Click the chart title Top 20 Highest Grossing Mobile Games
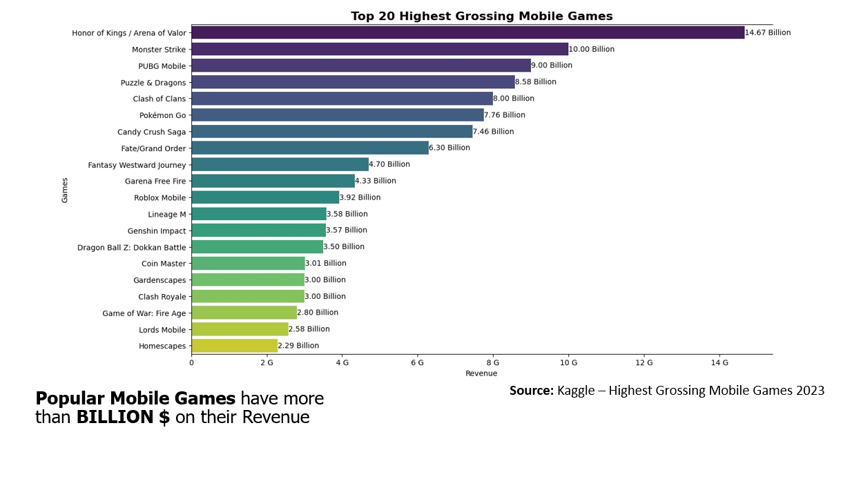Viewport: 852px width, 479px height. point(481,16)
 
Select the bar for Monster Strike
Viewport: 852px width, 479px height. point(379,49)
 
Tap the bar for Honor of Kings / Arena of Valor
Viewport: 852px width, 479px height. point(467,32)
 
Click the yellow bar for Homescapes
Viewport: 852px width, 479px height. point(234,346)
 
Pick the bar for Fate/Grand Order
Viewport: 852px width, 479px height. point(309,148)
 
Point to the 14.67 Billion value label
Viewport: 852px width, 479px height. point(768,32)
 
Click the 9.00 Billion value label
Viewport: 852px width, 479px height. point(552,66)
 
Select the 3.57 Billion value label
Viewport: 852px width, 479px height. point(347,231)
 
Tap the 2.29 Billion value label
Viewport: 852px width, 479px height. point(298,346)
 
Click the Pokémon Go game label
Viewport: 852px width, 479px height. point(162,115)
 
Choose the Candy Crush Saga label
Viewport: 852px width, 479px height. point(151,132)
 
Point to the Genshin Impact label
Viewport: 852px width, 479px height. point(157,231)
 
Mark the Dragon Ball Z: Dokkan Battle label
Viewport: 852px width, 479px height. point(131,247)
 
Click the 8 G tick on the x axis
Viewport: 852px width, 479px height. point(492,362)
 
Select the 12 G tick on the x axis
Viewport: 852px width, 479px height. point(643,362)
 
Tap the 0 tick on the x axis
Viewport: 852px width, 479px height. point(191,362)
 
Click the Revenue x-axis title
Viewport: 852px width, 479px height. point(481,373)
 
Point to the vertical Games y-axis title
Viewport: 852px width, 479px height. point(65,190)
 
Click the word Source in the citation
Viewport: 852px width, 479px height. point(531,391)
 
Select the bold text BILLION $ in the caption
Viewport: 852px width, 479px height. point(123,418)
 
